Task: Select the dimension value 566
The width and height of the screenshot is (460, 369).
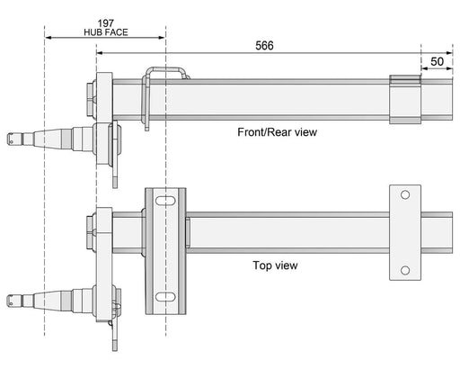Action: (263, 45)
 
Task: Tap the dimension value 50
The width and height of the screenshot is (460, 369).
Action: (435, 61)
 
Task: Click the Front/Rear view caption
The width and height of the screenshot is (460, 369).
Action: (278, 131)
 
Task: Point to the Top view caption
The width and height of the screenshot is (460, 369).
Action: (276, 265)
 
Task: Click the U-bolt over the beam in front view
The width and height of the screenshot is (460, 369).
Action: (165, 78)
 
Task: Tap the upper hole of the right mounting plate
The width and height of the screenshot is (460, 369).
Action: (405, 195)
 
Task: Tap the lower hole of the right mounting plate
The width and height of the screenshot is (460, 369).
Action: (405, 269)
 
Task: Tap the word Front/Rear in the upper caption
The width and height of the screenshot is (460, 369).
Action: (261, 131)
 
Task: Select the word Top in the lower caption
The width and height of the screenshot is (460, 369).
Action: (264, 265)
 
